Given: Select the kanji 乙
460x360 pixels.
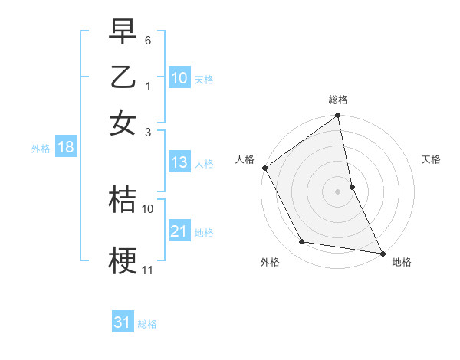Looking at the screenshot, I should click(123, 78).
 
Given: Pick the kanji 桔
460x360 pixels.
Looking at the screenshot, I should click(123, 198).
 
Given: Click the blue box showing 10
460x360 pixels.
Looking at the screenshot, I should click(179, 78).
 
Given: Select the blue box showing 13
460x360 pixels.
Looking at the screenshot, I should click(179, 162).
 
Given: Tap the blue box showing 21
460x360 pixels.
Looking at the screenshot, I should click(179, 231).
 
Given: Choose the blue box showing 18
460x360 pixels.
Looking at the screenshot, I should click(66, 148).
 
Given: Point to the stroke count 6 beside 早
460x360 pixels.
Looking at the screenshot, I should click(148, 39).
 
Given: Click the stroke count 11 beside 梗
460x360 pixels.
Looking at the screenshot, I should click(148, 270).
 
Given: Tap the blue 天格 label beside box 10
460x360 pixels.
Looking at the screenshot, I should click(204, 79).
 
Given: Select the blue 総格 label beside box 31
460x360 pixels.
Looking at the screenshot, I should click(147, 324).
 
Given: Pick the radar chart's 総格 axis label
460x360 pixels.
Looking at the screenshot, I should click(337, 100).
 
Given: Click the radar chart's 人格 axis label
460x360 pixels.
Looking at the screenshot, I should click(245, 159).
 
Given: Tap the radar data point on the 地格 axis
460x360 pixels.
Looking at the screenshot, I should click(382, 252).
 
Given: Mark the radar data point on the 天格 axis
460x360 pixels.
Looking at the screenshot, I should click(352, 186).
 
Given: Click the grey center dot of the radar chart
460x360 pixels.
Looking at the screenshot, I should click(337, 191).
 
